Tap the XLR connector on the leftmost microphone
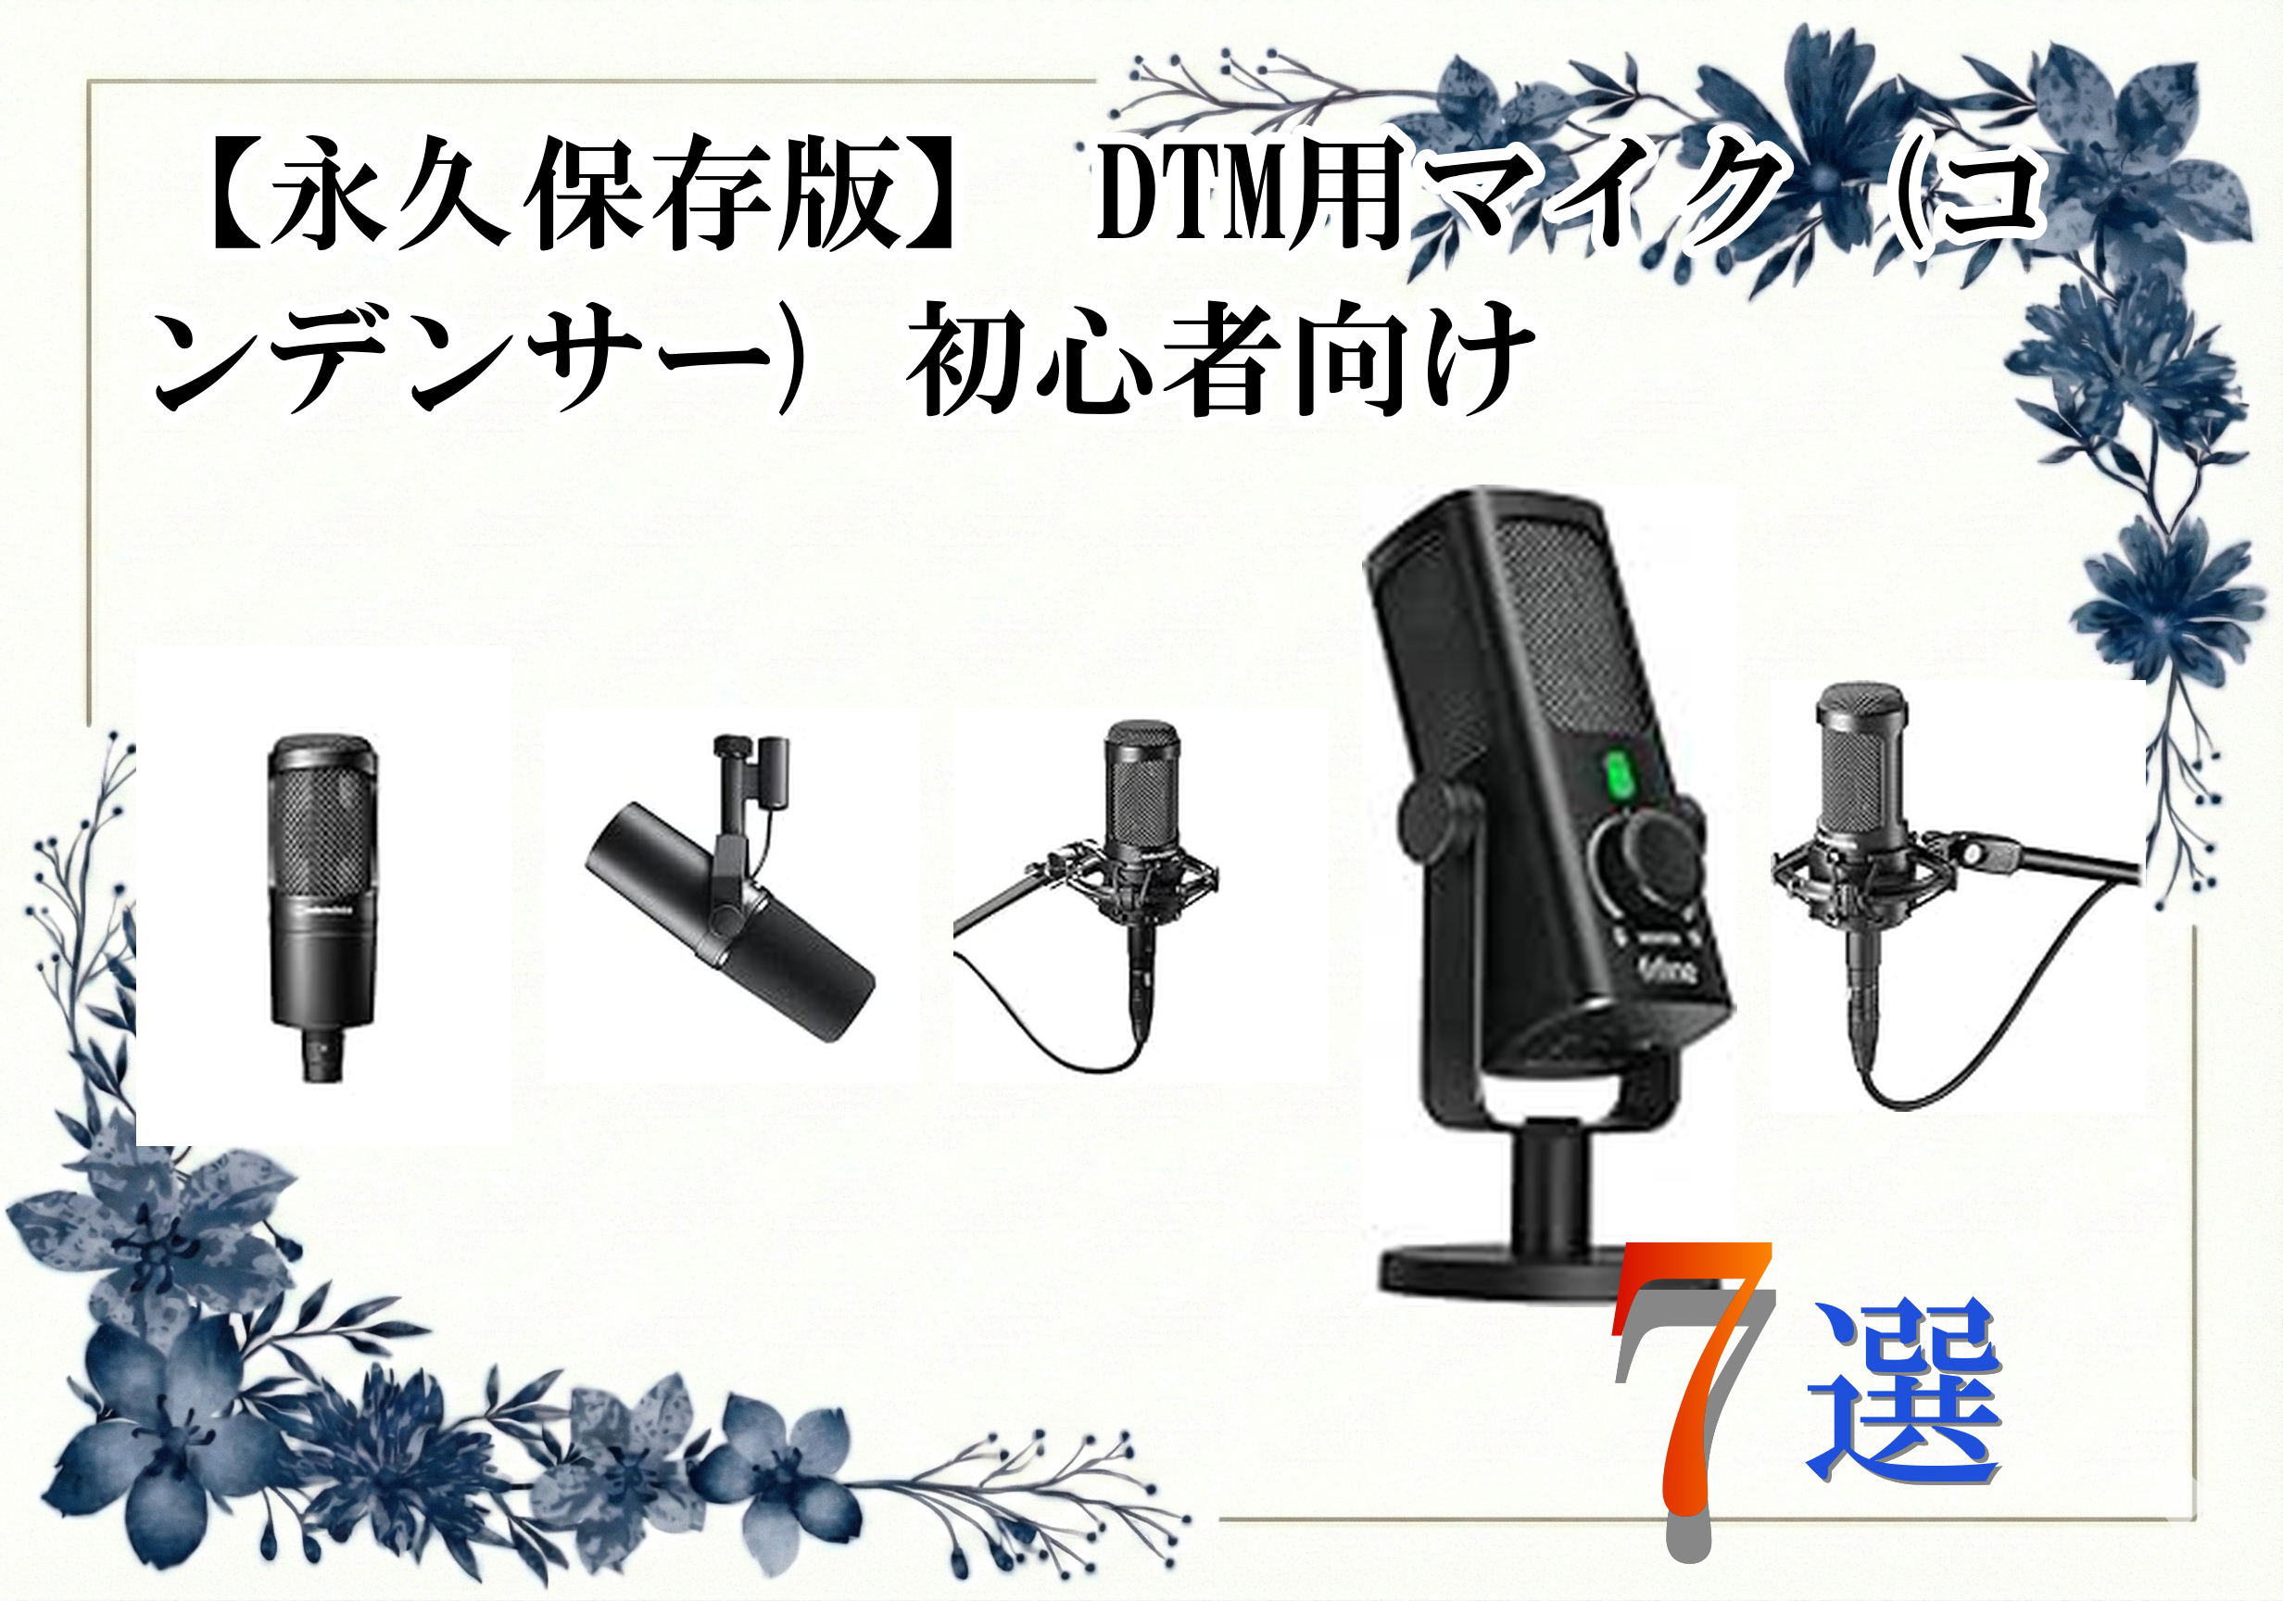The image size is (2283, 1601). [x=324, y=1055]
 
